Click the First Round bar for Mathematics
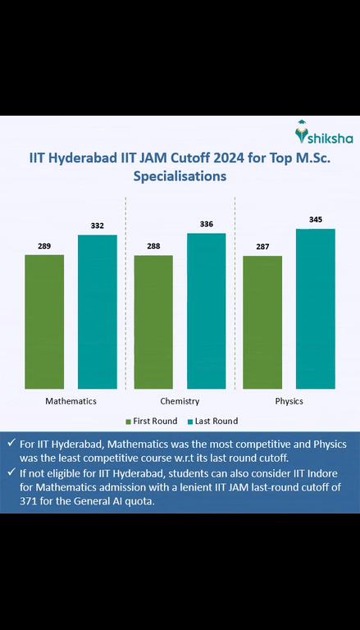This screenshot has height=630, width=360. click(44, 322)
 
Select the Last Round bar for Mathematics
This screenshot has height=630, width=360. click(98, 312)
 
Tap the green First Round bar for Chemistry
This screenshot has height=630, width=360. click(153, 322)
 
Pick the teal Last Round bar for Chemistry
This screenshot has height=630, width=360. click(206, 311)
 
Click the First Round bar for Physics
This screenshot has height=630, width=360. click(262, 322)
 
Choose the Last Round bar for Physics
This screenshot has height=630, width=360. click(315, 308)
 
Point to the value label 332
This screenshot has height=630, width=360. click(98, 226)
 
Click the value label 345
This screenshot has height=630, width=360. click(315, 220)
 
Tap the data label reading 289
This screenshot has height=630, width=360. click(44, 246)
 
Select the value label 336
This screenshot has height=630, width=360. click(206, 224)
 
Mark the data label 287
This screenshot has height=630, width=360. click(262, 247)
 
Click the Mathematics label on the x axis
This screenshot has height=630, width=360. click(71, 401)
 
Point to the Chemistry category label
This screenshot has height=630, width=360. click(180, 401)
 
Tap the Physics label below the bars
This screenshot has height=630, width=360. click(289, 401)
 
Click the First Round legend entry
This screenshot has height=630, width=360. click(151, 421)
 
